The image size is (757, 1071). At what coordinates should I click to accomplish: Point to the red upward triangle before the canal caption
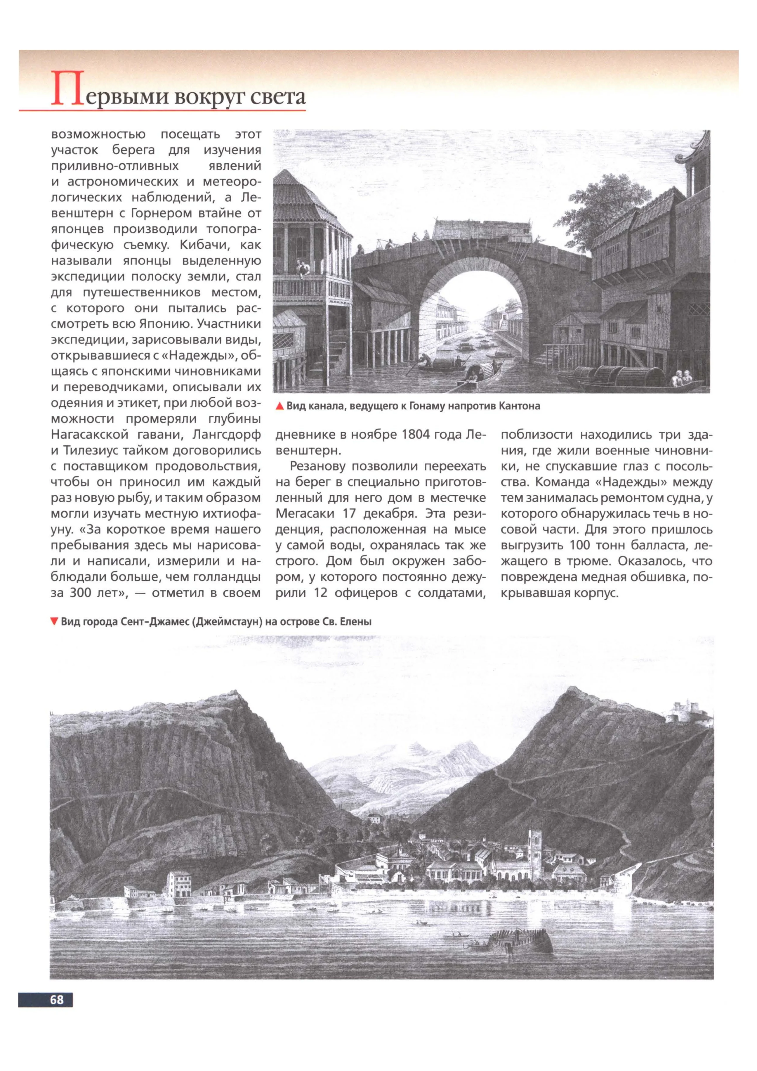coord(280,406)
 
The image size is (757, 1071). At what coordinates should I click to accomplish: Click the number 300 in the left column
coord(84,593)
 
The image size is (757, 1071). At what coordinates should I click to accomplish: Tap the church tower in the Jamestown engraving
coord(535,843)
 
